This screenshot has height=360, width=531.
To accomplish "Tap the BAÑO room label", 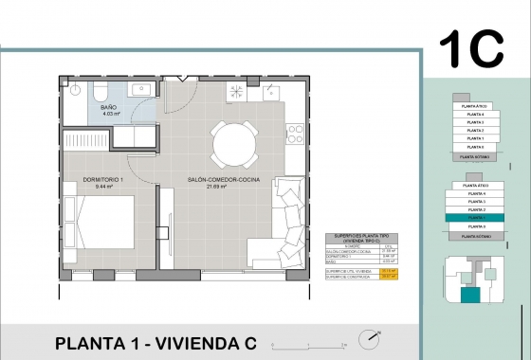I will click(x=109, y=108).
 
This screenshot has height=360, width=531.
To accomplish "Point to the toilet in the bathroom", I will click(x=100, y=90).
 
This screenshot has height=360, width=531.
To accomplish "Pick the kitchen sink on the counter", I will click(x=270, y=91).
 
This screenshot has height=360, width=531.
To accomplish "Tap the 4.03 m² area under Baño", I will click(x=109, y=115).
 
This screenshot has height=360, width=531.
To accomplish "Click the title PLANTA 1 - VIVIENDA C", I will click(x=156, y=342).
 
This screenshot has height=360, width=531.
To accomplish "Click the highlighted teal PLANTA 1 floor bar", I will click(x=471, y=218).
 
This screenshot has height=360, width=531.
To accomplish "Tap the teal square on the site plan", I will click(x=470, y=296).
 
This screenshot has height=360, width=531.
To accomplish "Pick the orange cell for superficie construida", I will click(x=387, y=277).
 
